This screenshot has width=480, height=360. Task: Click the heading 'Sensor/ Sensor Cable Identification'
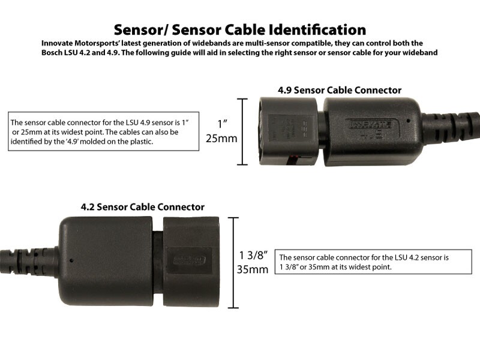[240, 29]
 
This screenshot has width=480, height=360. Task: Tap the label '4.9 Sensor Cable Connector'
[339, 90]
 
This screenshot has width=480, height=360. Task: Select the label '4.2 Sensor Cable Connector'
[142, 207]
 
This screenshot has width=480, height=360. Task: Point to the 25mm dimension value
[221, 139]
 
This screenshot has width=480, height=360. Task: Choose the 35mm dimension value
[252, 269]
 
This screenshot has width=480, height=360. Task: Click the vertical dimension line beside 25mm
[242, 131]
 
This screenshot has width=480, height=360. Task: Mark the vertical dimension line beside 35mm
[233, 262]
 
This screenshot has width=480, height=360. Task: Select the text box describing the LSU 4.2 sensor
[365, 262]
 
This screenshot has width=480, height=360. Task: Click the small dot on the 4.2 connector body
[71, 260]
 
